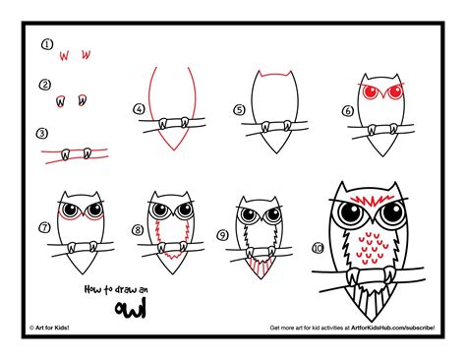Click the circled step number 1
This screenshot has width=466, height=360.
46,44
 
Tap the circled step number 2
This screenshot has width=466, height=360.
46,86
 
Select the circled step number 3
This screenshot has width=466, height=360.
42,132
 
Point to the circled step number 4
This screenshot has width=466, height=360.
140,109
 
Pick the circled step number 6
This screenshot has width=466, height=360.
346,111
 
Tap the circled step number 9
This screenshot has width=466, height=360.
223,234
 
